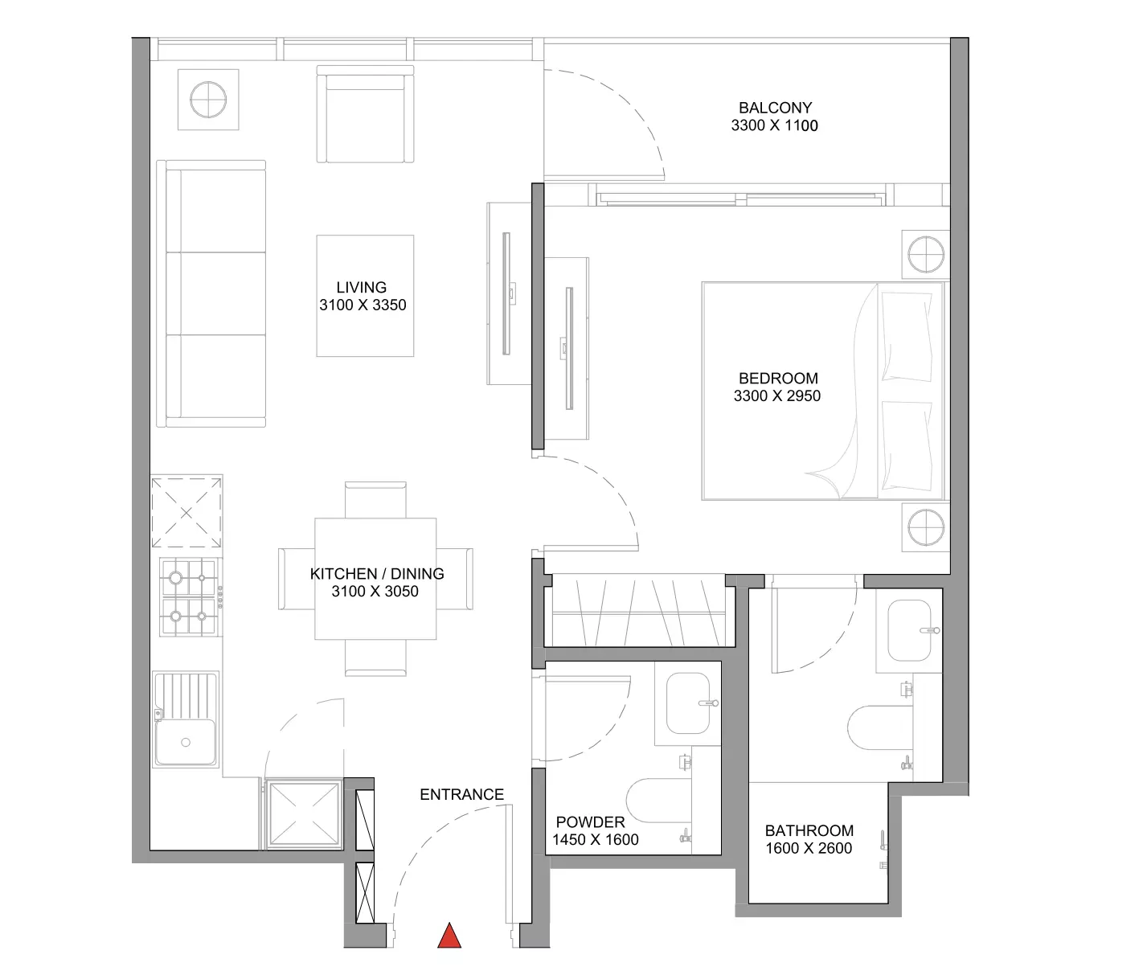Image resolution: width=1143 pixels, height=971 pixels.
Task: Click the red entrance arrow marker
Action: [449, 935]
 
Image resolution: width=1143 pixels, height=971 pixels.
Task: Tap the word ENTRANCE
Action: [461, 795]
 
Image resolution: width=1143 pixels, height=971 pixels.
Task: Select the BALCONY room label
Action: [776, 107]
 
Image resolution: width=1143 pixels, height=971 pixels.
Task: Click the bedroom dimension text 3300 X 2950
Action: [777, 396]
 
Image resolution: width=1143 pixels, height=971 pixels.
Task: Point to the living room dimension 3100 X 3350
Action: [363, 305]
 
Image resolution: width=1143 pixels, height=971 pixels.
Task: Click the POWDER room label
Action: [591, 822]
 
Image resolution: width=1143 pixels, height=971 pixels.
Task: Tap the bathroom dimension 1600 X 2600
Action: [809, 848]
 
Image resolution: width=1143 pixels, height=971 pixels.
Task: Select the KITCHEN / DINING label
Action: [377, 574]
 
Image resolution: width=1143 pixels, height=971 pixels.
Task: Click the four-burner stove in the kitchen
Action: [189, 597]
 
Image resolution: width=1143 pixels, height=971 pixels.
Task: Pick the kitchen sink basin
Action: [186, 742]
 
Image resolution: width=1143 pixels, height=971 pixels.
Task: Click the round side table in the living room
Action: [208, 100]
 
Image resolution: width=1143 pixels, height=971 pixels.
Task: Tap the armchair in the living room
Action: [365, 114]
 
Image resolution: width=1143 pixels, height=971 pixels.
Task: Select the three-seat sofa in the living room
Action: [211, 293]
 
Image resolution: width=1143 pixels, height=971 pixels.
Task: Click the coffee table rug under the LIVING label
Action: [365, 296]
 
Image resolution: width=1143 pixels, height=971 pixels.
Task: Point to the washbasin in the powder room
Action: [689, 703]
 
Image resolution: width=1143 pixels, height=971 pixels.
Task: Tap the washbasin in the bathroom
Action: [910, 630]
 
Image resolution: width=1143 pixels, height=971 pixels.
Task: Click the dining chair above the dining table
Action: [375, 500]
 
